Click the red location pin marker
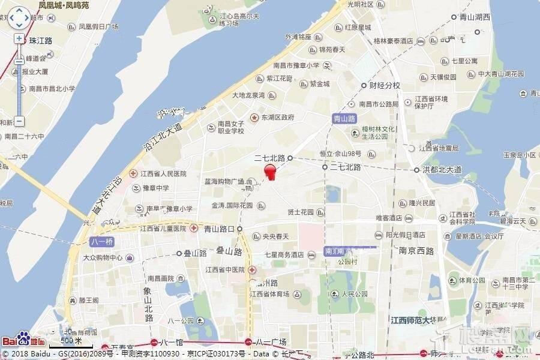[x=271, y=172]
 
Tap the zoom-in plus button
[x=19, y=39]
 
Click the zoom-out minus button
[x=19, y=121]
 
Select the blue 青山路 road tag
[x=344, y=119]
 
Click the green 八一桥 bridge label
[x=101, y=242]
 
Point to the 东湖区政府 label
[x=277, y=118]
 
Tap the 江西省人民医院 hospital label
[x=163, y=173]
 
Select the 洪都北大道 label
[x=442, y=170]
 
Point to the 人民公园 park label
[x=353, y=294]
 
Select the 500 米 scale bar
[x=71, y=340]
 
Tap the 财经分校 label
[x=384, y=85]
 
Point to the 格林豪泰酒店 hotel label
[x=393, y=41]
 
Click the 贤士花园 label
[x=301, y=212]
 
